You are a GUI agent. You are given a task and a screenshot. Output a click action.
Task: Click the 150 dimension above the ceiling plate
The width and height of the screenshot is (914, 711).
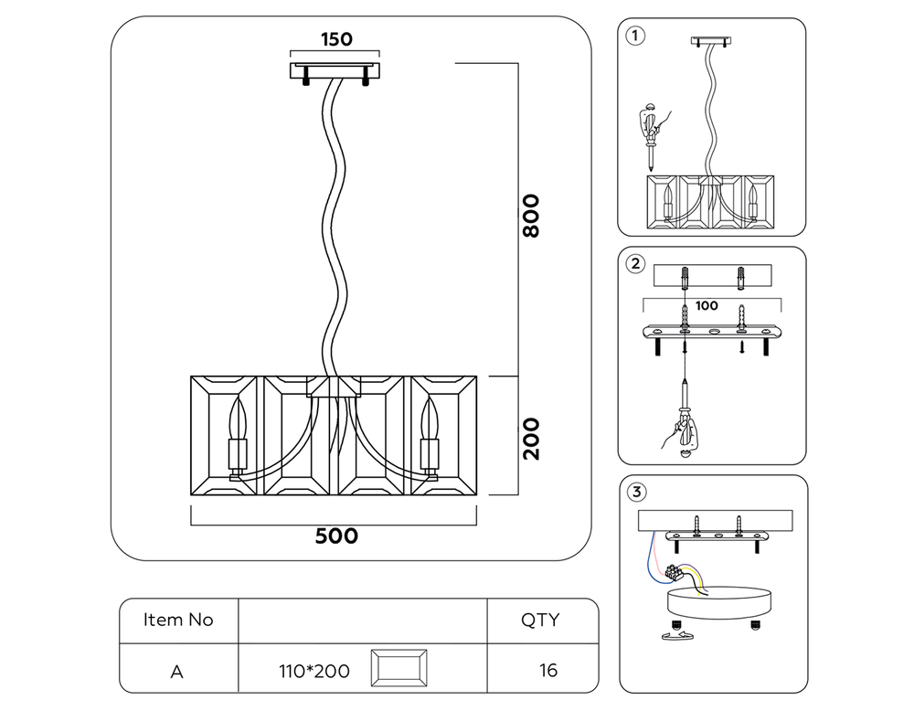(x=335, y=39)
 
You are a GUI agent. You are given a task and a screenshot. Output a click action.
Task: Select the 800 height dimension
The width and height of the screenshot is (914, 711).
(x=531, y=216)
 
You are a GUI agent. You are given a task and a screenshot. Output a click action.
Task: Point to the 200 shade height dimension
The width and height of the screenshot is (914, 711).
(x=531, y=438)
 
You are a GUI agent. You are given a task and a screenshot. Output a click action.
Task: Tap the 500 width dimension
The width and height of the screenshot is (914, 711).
(x=336, y=536)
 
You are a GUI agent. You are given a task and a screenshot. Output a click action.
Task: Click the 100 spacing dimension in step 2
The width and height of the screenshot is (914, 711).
(x=707, y=306)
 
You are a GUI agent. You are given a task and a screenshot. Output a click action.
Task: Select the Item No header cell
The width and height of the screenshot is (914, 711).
(x=178, y=620)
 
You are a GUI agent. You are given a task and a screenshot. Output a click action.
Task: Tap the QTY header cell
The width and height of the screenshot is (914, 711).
(x=540, y=620)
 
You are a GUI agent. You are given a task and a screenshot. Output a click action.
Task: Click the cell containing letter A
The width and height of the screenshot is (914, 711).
(x=177, y=671)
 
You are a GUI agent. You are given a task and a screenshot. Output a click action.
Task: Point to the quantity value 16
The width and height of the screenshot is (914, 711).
(x=547, y=671)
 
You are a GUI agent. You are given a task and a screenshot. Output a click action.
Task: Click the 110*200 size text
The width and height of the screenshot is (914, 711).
(x=314, y=671)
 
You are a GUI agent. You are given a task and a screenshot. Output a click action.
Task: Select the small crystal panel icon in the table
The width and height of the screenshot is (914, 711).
(x=399, y=670)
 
